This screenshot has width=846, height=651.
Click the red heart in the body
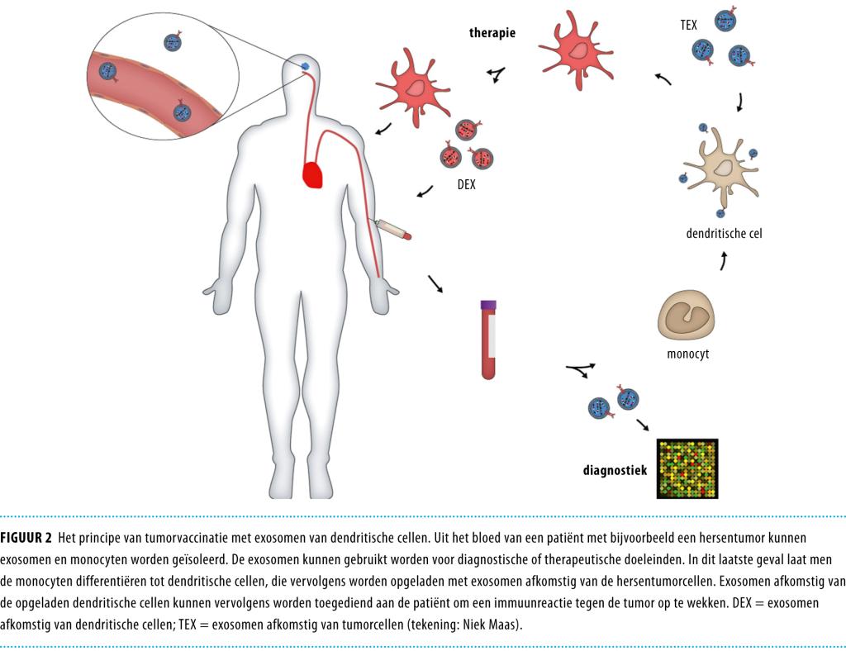(313, 174)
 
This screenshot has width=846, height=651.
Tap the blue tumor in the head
(304, 66)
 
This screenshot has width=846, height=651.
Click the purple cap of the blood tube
(488, 305)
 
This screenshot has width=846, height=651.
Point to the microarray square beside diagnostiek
(687, 468)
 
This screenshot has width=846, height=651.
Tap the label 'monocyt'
(687, 355)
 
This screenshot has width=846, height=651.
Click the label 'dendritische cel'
(724, 234)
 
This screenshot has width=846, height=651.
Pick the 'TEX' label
(687, 26)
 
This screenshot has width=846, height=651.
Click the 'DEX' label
(466, 185)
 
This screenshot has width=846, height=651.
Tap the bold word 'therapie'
(492, 33)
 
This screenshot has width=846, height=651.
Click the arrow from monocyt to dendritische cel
(725, 261)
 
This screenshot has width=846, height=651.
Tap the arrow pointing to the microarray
(642, 425)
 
